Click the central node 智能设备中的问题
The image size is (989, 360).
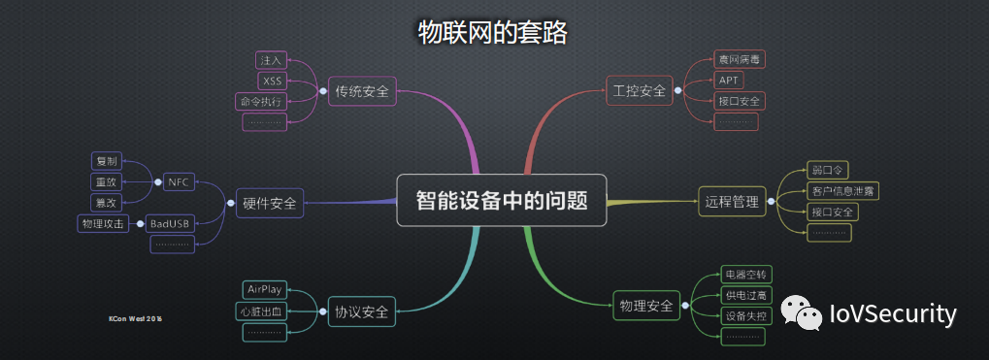tap(501, 201)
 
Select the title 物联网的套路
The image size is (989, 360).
tap(492, 32)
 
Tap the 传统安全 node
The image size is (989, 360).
tap(362, 91)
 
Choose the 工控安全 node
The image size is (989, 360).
tap(640, 91)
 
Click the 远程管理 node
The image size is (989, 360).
tap(732, 203)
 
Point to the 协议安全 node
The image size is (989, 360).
tap(361, 311)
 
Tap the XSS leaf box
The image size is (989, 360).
tap(272, 81)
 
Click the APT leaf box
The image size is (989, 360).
tap(728, 81)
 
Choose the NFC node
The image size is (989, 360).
tap(178, 181)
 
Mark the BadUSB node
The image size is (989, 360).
tap(170, 223)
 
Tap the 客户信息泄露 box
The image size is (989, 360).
tap(842, 191)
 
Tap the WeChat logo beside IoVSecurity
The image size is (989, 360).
tap(802, 312)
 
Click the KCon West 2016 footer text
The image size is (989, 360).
tap(135, 317)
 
